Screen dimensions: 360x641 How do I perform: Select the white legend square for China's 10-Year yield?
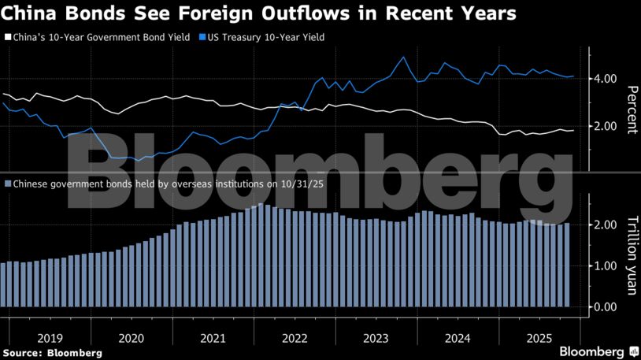coord(9,37)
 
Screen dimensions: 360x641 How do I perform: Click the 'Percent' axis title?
coord(631,109)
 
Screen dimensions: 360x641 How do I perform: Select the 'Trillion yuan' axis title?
coord(631,257)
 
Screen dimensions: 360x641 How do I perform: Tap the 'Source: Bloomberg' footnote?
coord(52,352)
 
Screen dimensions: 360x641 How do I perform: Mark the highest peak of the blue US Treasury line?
coord(404,57)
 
